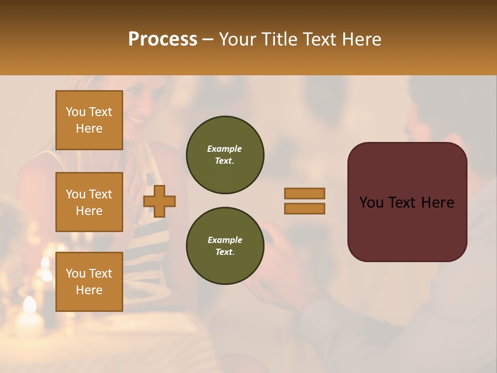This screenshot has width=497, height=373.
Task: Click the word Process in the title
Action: (x=163, y=39)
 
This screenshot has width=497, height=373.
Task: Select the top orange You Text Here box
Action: (x=89, y=120)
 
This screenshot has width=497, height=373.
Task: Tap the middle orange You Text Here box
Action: (x=89, y=202)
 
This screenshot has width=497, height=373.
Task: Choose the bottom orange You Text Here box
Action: (x=89, y=281)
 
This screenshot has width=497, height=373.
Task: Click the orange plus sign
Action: (x=159, y=201)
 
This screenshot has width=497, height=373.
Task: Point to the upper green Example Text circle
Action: (x=225, y=155)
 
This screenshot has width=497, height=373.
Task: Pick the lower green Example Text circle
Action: (x=225, y=246)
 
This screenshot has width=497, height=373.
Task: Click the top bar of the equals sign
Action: (x=304, y=193)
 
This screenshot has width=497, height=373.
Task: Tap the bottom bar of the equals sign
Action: (x=304, y=208)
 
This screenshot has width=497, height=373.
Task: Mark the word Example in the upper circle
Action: (x=224, y=149)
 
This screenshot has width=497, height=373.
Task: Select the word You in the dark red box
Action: (x=372, y=203)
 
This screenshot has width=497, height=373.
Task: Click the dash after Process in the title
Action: (x=208, y=40)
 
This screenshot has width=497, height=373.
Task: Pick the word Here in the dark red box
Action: (x=437, y=203)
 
